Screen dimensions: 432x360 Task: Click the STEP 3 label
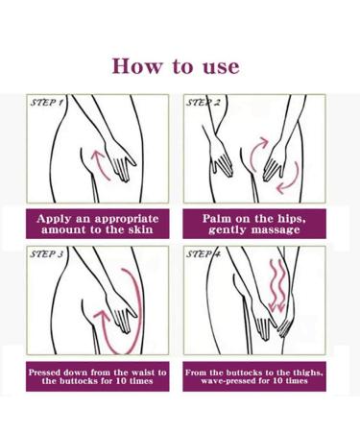(x=48, y=255)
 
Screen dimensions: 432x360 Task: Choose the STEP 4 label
(x=204, y=255)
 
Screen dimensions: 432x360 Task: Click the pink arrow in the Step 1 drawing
(x=98, y=161)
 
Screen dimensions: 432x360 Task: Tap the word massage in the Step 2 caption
(x=276, y=230)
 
